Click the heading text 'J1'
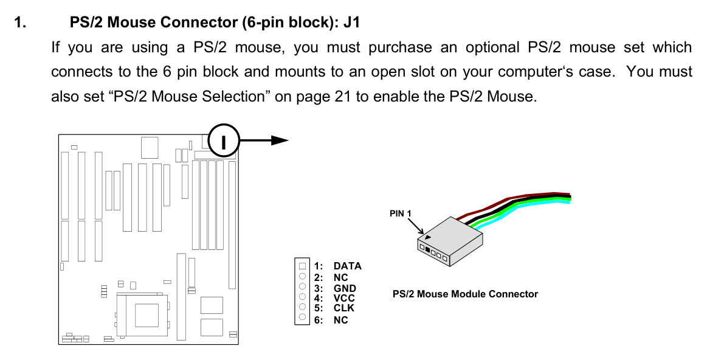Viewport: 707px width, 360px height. [351, 23]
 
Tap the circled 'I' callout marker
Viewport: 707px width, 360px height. [224, 141]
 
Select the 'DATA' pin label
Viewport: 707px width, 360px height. [347, 266]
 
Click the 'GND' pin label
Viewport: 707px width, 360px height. [345, 288]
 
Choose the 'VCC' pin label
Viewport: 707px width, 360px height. [344, 298]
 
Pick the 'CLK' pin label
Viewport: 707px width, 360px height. [343, 308]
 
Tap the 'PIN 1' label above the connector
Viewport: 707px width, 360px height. [401, 213]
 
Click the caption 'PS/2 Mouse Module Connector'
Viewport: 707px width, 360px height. [465, 294]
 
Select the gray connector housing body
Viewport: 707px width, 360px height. [453, 234]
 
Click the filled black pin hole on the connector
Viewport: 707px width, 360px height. [428, 249]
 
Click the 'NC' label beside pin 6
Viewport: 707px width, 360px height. [340, 320]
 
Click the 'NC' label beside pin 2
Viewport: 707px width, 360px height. [340, 277]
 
